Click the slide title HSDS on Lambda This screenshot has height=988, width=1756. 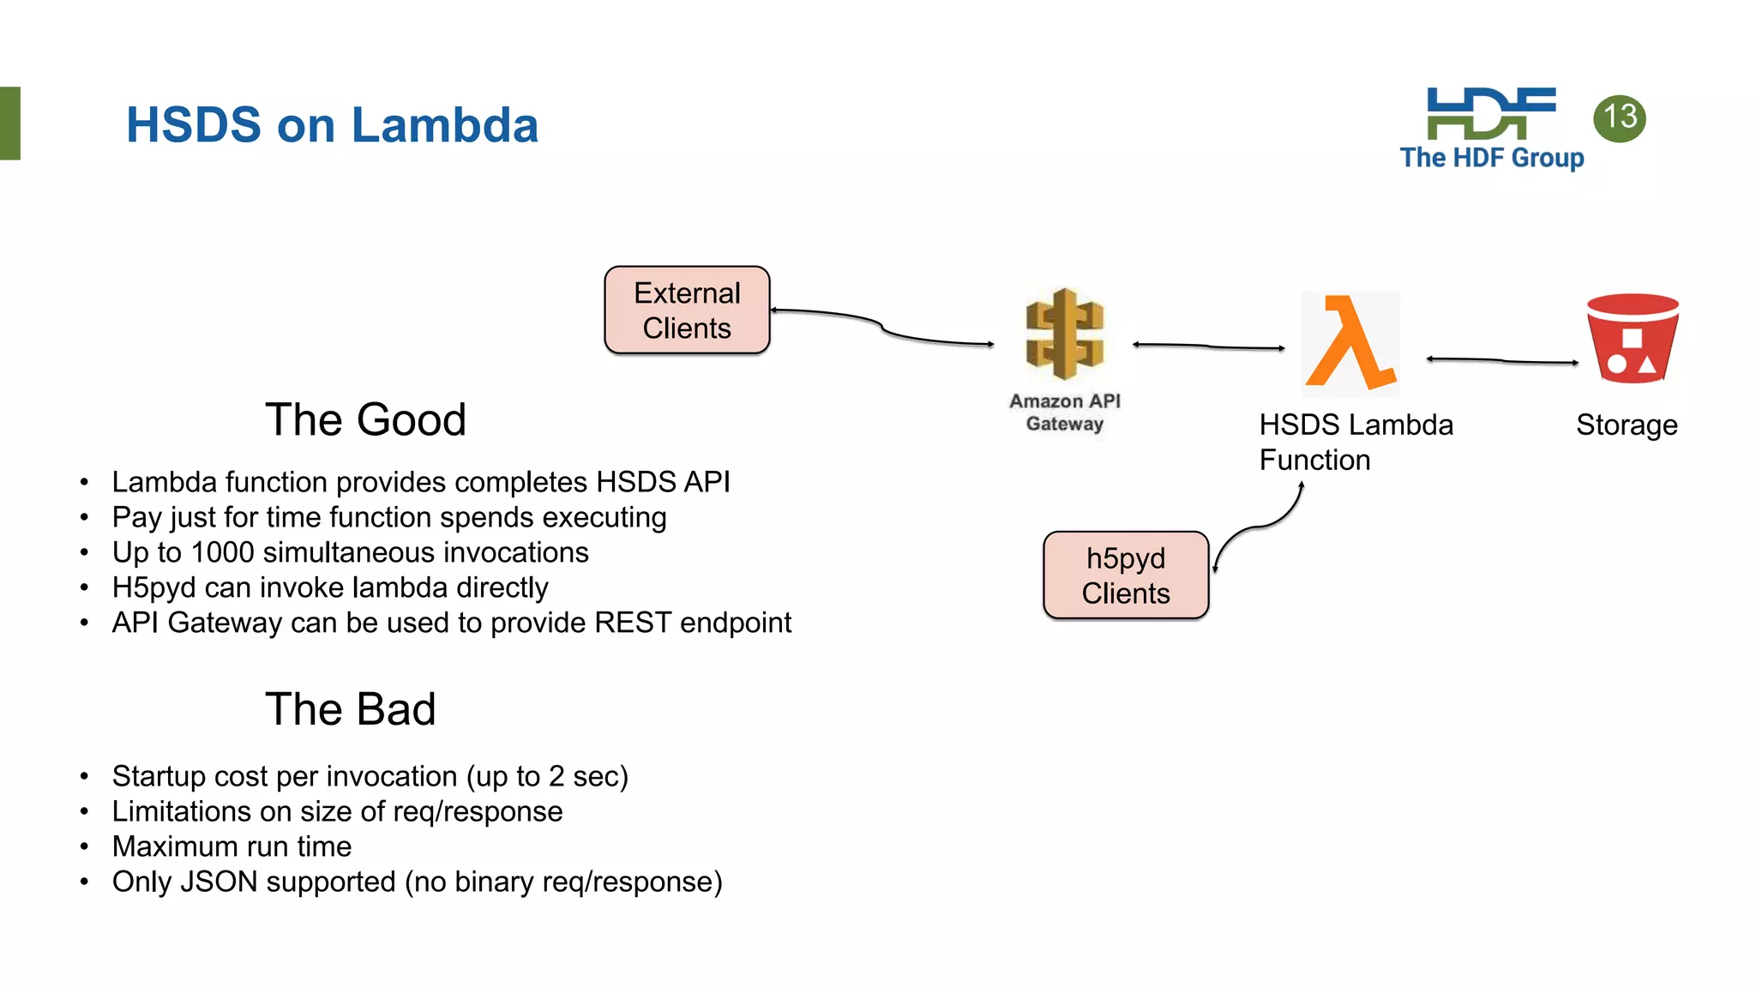coord(332,125)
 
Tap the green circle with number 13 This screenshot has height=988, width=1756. coord(1619,117)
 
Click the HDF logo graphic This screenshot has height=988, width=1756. coord(1490,113)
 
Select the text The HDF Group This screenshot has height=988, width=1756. coord(1491,158)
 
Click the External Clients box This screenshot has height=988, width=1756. coord(687,310)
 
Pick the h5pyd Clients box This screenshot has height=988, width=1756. coord(1125,575)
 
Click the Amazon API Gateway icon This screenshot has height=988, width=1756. coord(1064,334)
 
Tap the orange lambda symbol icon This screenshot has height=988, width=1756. coord(1351,343)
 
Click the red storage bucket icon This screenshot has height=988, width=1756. coord(1632,338)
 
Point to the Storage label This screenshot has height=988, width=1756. coord(1626,425)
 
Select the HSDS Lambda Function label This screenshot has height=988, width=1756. coord(1355,443)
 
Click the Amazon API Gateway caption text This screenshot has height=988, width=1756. coord(1064,413)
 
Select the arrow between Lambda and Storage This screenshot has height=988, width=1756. coord(1502,361)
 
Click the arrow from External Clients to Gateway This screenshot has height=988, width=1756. coord(883,327)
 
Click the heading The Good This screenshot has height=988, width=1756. coord(365,420)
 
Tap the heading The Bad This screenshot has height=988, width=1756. coord(350,709)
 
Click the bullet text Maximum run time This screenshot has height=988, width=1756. coord(232,846)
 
